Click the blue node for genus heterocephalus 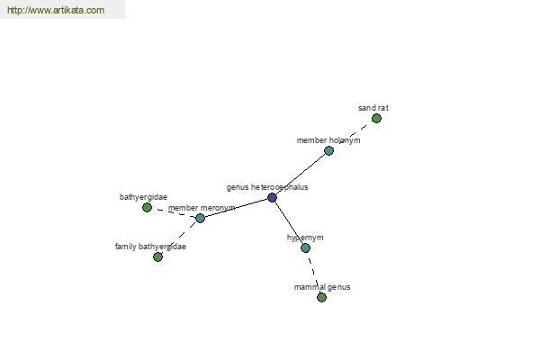click(272, 197)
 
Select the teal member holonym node click(328, 150)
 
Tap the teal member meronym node click(200, 218)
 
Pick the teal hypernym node click(305, 247)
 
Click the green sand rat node click(376, 119)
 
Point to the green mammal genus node click(321, 297)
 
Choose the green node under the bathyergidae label click(147, 207)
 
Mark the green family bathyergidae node click(157, 256)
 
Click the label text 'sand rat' click(373, 108)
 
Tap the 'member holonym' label click(328, 140)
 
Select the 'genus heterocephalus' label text click(267, 187)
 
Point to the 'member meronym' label click(202, 208)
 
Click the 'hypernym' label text click(305, 238)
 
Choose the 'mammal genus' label click(322, 287)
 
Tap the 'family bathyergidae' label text click(150, 247)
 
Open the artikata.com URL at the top click(56, 10)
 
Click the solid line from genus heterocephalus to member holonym click(301, 174)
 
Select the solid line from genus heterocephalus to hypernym click(289, 222)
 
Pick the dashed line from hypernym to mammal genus click(313, 272)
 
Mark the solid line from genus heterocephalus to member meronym click(236, 208)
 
